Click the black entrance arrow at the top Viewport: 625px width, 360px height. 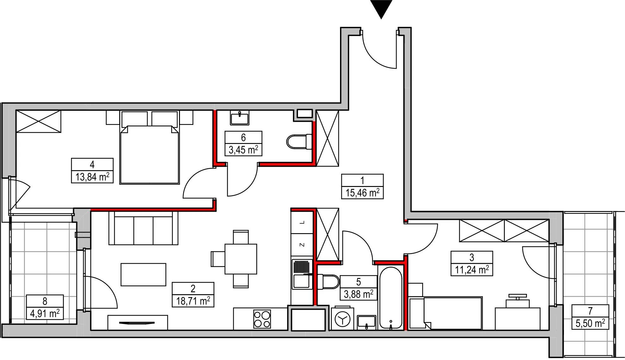coord(381,8)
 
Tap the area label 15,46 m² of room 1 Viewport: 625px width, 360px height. coord(362,193)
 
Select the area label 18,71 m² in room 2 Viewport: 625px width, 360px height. coord(193,301)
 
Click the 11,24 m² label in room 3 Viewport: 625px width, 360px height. coord(472,270)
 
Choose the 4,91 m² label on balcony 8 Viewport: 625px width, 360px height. coord(45,313)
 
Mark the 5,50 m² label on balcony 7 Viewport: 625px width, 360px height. coord(590,323)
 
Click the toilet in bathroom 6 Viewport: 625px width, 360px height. coord(299,141)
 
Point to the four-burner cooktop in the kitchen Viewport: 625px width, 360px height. coord(262,319)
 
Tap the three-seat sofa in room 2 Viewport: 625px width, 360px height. coord(143,228)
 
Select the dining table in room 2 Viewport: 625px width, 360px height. coord(241,259)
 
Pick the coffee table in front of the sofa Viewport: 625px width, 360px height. coord(143,275)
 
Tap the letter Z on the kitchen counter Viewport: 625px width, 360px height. coord(302,245)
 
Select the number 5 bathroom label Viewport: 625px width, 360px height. coord(358,282)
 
